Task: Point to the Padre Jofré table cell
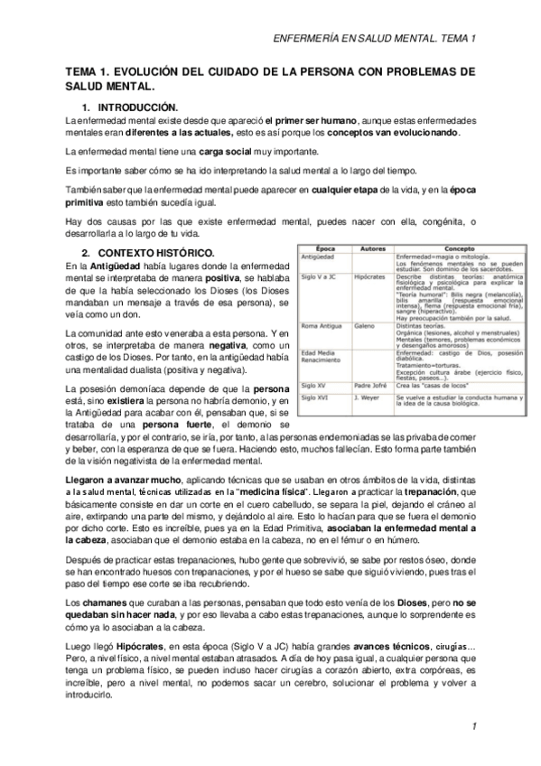(x=370, y=384)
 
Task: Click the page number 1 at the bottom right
(x=474, y=726)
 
